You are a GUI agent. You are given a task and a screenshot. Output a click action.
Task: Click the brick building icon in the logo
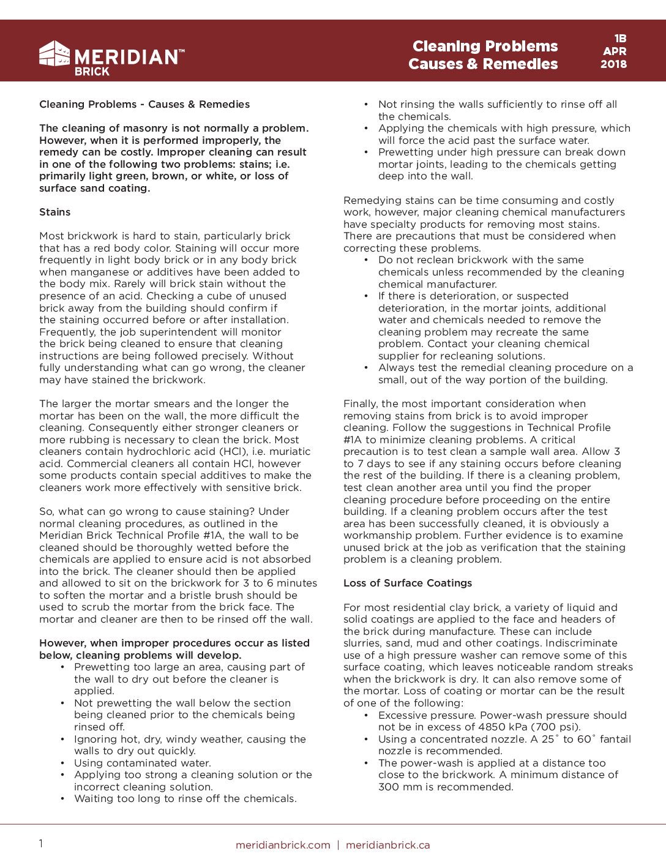pyautogui.click(x=54, y=54)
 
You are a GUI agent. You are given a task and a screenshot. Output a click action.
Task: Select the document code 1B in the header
pyautogui.click(x=620, y=39)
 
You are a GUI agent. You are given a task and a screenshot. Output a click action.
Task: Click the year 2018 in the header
pyautogui.click(x=613, y=64)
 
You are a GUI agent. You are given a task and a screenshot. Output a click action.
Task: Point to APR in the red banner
pyautogui.click(x=615, y=51)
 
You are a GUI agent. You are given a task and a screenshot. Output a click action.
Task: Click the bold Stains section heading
pyautogui.click(x=55, y=212)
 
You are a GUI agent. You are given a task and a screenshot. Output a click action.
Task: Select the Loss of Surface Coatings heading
pyautogui.click(x=408, y=583)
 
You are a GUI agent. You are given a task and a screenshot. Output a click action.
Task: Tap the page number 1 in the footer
pyautogui.click(x=41, y=844)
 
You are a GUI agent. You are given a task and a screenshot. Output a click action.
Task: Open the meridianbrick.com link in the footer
pyautogui.click(x=283, y=845)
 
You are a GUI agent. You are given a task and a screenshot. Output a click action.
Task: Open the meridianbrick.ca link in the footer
pyautogui.click(x=387, y=845)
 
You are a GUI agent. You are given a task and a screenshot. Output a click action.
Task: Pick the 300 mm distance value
pyautogui.click(x=400, y=787)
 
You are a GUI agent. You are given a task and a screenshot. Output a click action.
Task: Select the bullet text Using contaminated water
pyautogui.click(x=143, y=763)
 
